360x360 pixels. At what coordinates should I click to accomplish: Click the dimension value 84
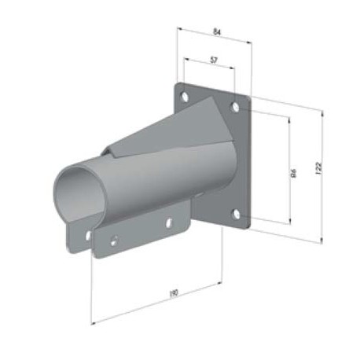216,32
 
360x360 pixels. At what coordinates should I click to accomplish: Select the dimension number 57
214,60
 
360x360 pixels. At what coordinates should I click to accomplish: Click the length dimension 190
173,294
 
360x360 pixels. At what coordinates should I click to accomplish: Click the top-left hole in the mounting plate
185,97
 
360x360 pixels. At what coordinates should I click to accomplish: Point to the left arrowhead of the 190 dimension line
93,321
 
